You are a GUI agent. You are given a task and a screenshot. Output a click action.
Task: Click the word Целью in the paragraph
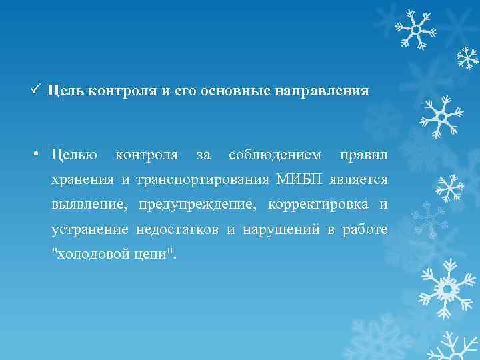pyautogui.click(x=74, y=155)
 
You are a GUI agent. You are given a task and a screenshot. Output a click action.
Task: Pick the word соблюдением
pyautogui.click(x=274, y=155)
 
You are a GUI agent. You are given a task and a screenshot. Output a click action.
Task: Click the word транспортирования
pyautogui.click(x=202, y=180)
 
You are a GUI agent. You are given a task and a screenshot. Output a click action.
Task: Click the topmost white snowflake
pyautogui.click(x=414, y=28)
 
